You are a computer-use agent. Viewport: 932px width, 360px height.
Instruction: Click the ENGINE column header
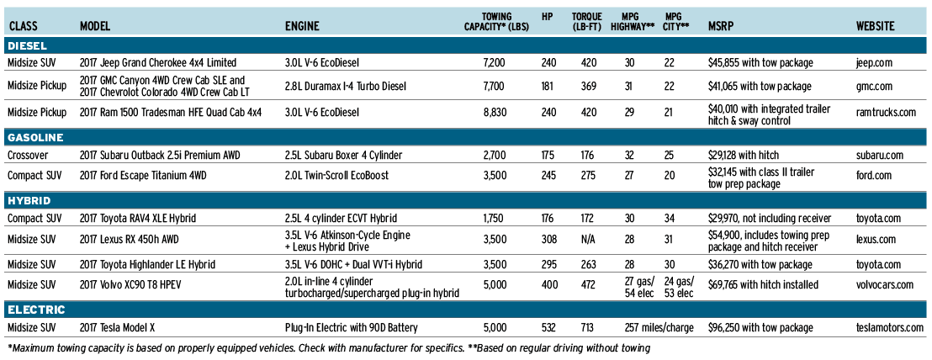tap(302, 26)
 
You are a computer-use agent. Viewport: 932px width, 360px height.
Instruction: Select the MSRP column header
tap(722, 26)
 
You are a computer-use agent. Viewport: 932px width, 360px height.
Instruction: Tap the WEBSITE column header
tap(875, 26)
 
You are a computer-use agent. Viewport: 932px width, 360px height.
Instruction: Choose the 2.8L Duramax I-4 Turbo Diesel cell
tap(346, 87)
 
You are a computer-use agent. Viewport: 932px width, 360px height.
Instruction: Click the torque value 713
tap(587, 327)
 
